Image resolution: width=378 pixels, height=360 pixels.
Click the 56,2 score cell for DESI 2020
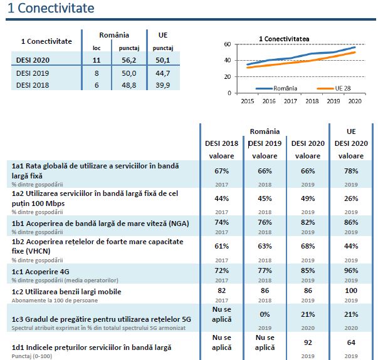pyautogui.click(x=129, y=59)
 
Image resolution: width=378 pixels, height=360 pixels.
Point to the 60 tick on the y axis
pyautogui.click(x=227, y=44)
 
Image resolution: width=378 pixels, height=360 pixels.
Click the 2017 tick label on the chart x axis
pyautogui.click(x=290, y=100)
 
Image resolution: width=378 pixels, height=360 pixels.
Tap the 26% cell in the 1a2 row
pyautogui.click(x=351, y=198)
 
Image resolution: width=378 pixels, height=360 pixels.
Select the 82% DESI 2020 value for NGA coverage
pyautogui.click(x=307, y=223)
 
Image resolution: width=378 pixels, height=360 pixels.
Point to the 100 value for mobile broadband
pyautogui.click(x=351, y=291)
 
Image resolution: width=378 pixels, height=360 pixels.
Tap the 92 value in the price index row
pyautogui.click(x=307, y=342)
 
